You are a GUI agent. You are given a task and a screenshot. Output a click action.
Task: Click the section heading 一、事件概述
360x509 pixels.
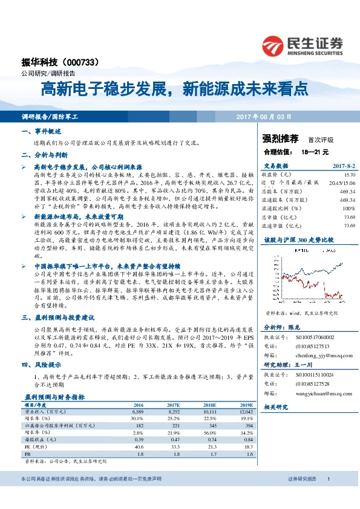[x=41, y=131]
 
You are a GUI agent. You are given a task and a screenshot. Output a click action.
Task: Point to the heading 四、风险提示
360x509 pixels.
[x=41, y=365]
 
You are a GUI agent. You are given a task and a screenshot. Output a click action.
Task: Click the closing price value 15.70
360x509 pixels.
[x=349, y=173]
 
